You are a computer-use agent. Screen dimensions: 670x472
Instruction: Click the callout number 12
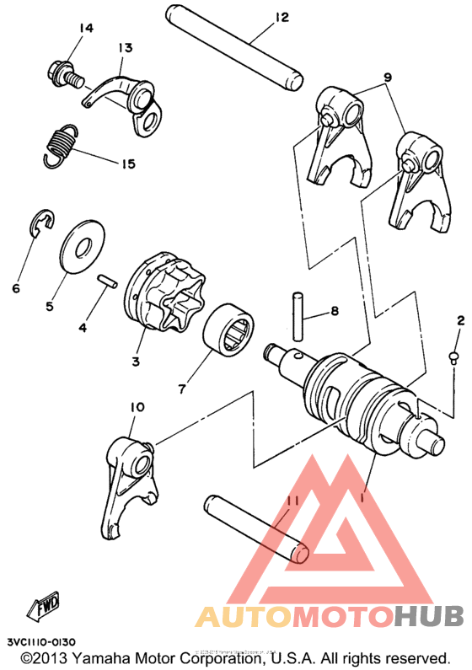[x=281, y=17]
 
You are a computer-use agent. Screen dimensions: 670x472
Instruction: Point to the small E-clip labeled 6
[x=38, y=225]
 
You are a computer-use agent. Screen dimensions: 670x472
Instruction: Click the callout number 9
[x=387, y=78]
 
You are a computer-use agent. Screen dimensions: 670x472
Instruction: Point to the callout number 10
[x=137, y=408]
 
